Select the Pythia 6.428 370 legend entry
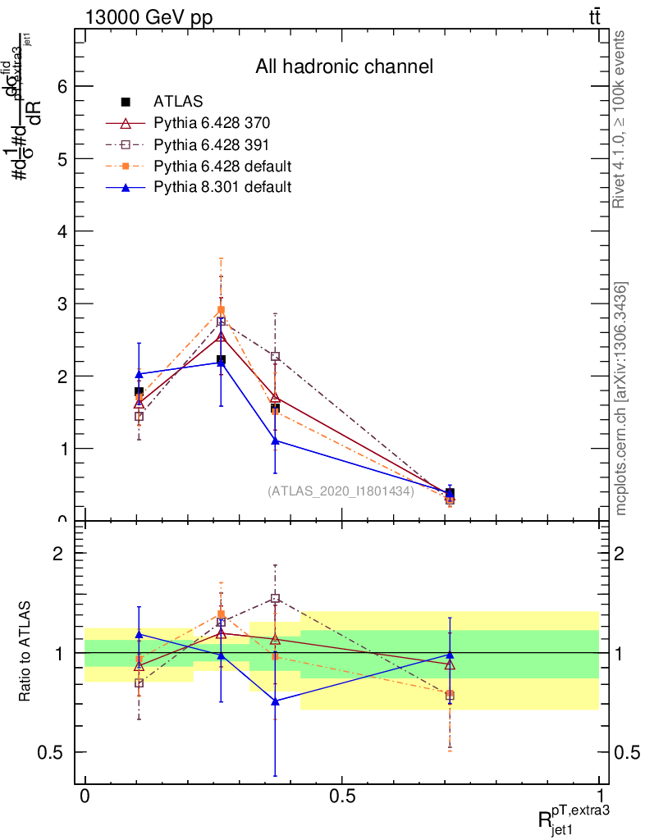(212, 124)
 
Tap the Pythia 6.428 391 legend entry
(212, 145)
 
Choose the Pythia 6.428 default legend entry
(222, 167)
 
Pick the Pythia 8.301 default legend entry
(222, 188)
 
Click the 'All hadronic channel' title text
(344, 66)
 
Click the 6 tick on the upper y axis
(61, 87)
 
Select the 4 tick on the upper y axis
(61, 231)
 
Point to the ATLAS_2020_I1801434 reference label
(341, 491)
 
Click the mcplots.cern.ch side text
(621, 399)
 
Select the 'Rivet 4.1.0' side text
(621, 120)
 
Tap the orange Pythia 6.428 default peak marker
(221, 310)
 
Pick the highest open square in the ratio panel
(276, 599)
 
